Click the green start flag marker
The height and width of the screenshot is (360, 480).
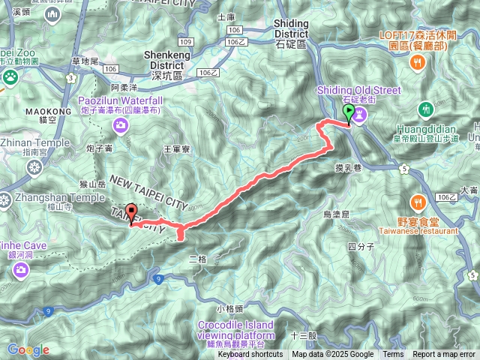[x=349, y=113]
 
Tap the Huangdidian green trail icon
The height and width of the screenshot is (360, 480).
[x=427, y=108]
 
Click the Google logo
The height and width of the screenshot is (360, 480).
[x=28, y=349]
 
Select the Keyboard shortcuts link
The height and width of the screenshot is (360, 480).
[x=250, y=355]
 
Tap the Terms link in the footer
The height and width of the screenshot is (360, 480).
[x=393, y=355]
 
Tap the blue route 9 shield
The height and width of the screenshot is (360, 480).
[x=159, y=280]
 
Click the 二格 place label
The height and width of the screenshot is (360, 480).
[x=197, y=259]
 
